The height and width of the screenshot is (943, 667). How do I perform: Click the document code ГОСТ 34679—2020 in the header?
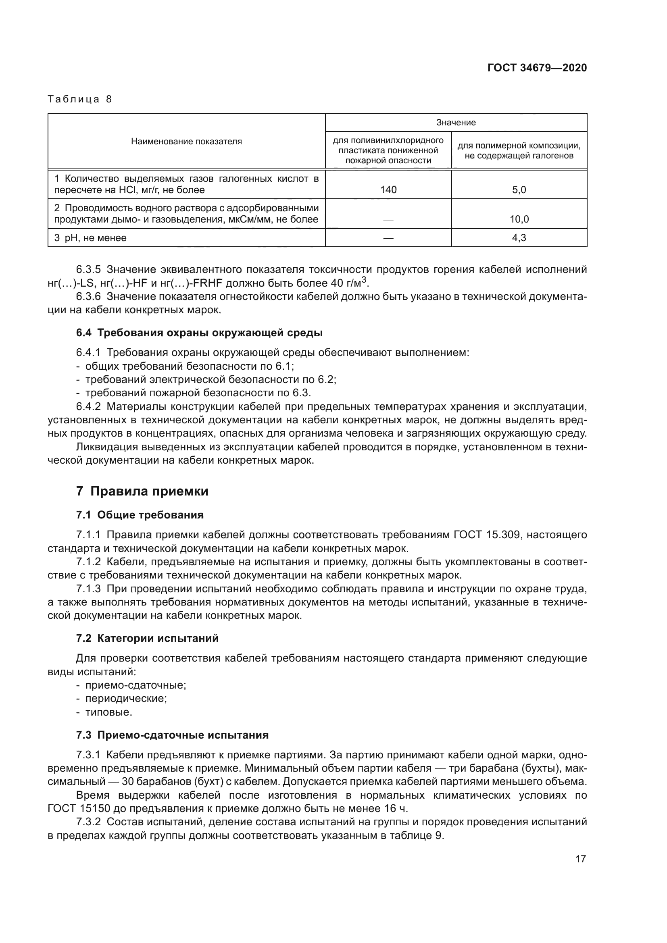537,68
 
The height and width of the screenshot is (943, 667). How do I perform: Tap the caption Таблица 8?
80,100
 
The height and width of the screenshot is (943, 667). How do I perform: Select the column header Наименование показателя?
186,142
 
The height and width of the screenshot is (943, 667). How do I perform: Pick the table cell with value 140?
388,190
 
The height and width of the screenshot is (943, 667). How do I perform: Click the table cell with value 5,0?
519,190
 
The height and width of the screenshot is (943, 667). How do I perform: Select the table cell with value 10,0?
519,219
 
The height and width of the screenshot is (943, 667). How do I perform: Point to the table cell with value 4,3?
519,238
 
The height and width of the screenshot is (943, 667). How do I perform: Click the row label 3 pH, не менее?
90,238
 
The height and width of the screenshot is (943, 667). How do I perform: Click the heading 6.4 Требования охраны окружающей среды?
199,333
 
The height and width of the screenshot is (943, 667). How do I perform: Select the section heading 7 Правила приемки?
142,491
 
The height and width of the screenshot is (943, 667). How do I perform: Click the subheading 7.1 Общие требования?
140,515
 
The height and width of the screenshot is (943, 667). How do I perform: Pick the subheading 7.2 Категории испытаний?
147,638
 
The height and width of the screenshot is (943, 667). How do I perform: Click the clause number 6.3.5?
88,270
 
